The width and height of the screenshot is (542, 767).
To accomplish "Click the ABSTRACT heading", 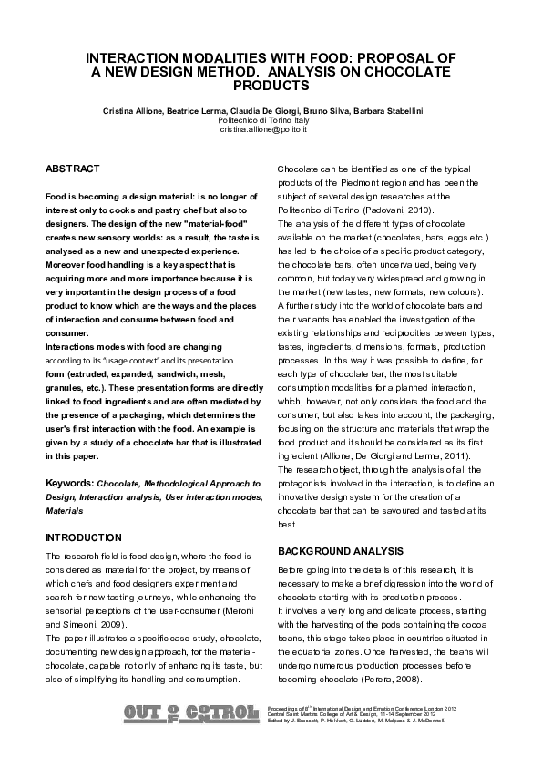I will click(x=73, y=169).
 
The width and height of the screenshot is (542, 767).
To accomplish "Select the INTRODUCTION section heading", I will click(x=83, y=537).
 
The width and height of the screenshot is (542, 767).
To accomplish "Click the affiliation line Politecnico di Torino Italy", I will click(x=264, y=120).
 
